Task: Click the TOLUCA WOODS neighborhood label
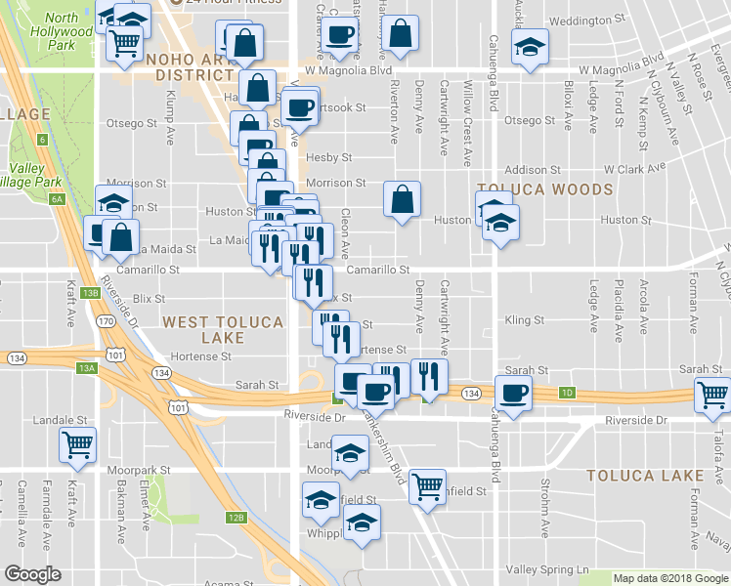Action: (544, 189)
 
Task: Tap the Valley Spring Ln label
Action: (549, 569)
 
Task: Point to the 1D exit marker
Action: (567, 393)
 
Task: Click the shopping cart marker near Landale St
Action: (77, 444)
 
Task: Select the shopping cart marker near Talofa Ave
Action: (712, 395)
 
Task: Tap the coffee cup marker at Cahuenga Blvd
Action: (513, 393)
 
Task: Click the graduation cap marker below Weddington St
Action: (529, 46)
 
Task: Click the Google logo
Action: (33, 574)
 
